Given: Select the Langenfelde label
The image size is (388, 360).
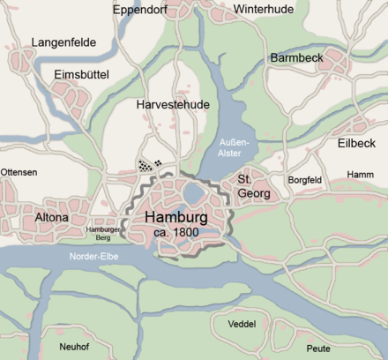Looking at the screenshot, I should point(63,41).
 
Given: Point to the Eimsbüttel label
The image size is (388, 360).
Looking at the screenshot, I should point(81,75).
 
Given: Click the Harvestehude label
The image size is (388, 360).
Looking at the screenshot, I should point(173,104).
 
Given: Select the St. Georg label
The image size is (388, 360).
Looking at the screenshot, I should point(253,186).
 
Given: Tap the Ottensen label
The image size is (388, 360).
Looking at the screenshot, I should point(19,172).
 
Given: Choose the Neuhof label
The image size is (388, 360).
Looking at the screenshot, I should point(74,347).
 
